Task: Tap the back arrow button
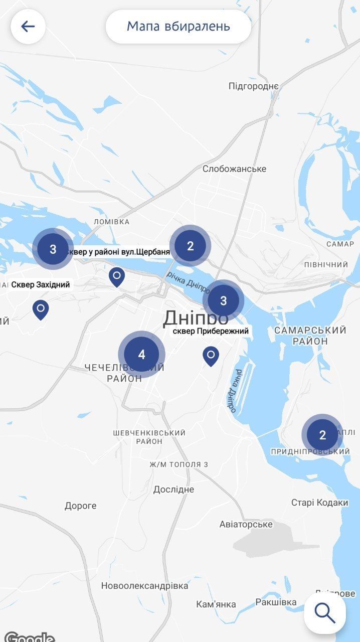[28, 26]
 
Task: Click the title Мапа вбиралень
[178, 26]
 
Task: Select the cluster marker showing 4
[141, 355]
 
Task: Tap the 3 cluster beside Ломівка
[53, 249]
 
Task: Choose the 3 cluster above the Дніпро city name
[223, 300]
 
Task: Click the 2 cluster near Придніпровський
[322, 435]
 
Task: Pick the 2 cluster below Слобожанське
[190, 246]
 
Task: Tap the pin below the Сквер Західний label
[41, 309]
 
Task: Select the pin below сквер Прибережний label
[211, 356]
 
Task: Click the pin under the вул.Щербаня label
[117, 276]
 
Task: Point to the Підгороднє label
[253, 86]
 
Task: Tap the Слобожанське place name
[234, 169]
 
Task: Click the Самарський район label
[310, 336]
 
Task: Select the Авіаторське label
[246, 524]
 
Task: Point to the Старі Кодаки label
[319, 503]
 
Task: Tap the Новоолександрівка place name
[144, 585]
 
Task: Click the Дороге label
[80, 506]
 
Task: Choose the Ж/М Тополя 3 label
[178, 464]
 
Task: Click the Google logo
[29, 637]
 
